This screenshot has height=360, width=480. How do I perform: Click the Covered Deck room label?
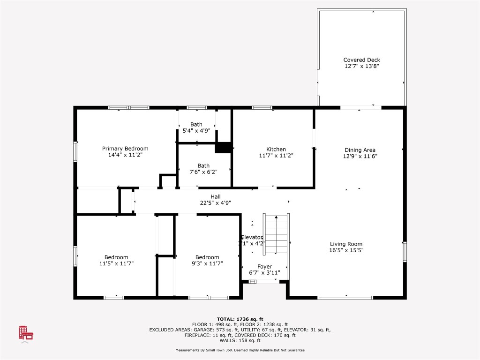(361, 60)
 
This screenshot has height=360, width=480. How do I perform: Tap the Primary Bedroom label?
(125, 149)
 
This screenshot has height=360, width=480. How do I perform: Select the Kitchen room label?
(276, 150)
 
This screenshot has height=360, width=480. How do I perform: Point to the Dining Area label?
(360, 150)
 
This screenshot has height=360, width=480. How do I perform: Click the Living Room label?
(346, 244)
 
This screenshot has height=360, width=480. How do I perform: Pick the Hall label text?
(215, 197)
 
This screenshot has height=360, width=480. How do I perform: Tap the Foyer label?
(264, 267)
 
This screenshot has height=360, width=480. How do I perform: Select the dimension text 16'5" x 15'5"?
(346, 250)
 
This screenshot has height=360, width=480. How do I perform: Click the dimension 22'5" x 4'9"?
(215, 203)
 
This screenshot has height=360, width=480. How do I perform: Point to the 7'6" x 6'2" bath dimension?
(203, 172)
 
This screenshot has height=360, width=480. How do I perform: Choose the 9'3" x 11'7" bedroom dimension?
(207, 263)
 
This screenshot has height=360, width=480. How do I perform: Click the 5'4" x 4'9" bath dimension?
(196, 131)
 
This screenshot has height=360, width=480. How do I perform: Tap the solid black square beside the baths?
(223, 147)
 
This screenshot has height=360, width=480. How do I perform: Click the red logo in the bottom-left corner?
(26, 333)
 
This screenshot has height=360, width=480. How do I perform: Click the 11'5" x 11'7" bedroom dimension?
(116, 263)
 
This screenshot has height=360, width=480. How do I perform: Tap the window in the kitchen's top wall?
(262, 108)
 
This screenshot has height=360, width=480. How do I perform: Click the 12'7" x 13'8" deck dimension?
(361, 67)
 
